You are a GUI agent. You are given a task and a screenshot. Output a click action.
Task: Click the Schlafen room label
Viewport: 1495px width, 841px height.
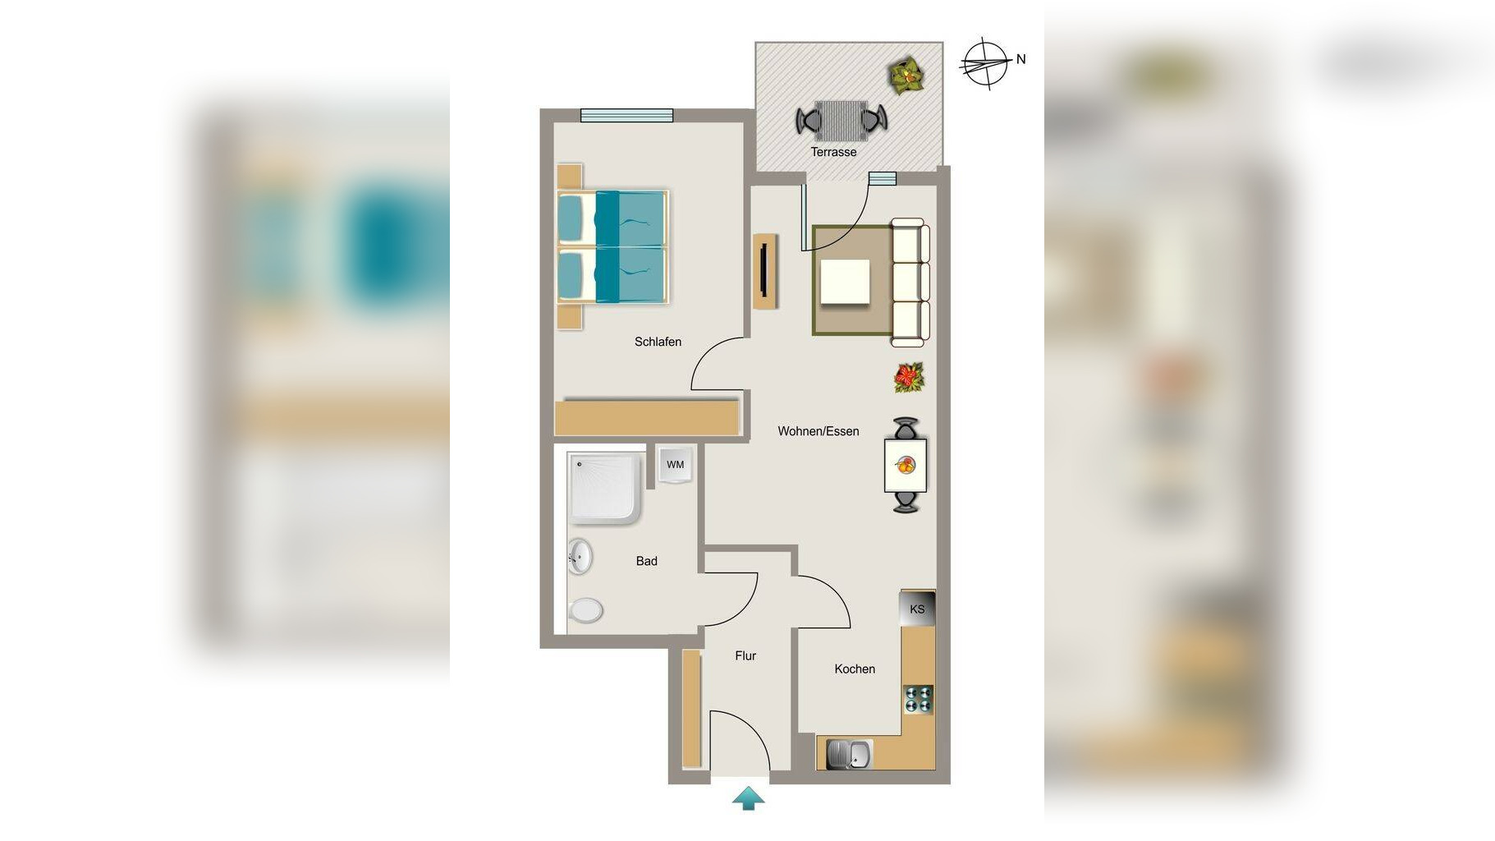pyautogui.click(x=658, y=342)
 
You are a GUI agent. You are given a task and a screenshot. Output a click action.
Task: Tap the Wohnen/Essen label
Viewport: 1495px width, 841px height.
pyautogui.click(x=819, y=431)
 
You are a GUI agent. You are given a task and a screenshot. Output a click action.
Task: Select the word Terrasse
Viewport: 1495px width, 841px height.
pyautogui.click(x=833, y=152)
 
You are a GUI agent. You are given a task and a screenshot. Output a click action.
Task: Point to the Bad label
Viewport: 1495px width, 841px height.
pyautogui.click(x=646, y=561)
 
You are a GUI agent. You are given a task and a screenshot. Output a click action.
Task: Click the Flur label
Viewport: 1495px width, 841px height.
pyautogui.click(x=745, y=655)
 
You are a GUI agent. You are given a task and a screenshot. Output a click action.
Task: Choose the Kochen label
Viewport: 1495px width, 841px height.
pyautogui.click(x=855, y=669)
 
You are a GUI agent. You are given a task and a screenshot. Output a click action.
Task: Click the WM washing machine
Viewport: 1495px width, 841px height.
pyautogui.click(x=676, y=465)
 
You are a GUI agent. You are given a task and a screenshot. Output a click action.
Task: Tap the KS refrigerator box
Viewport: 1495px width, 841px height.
pyautogui.click(x=917, y=609)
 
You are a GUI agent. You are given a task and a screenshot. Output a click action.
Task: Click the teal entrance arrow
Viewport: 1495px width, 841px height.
pyautogui.click(x=748, y=798)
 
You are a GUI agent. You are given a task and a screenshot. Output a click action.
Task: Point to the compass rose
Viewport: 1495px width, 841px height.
pyautogui.click(x=984, y=63)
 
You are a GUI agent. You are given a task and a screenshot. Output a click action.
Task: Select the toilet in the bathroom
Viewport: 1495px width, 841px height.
pyautogui.click(x=585, y=610)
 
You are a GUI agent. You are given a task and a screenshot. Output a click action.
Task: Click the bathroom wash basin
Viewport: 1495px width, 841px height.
pyautogui.click(x=580, y=557)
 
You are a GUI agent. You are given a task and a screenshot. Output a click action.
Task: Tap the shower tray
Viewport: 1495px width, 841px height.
pyautogui.click(x=604, y=487)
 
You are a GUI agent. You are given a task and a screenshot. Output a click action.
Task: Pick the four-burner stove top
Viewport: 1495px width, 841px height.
pyautogui.click(x=919, y=699)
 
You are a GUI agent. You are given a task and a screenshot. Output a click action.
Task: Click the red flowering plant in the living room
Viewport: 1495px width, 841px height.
pyautogui.click(x=909, y=378)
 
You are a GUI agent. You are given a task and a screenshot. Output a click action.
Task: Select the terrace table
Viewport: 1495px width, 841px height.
pyautogui.click(x=842, y=121)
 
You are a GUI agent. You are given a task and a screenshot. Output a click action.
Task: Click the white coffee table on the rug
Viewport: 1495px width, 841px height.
pyautogui.click(x=846, y=282)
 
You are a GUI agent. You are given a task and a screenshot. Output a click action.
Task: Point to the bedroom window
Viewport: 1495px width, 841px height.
pyautogui.click(x=627, y=116)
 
